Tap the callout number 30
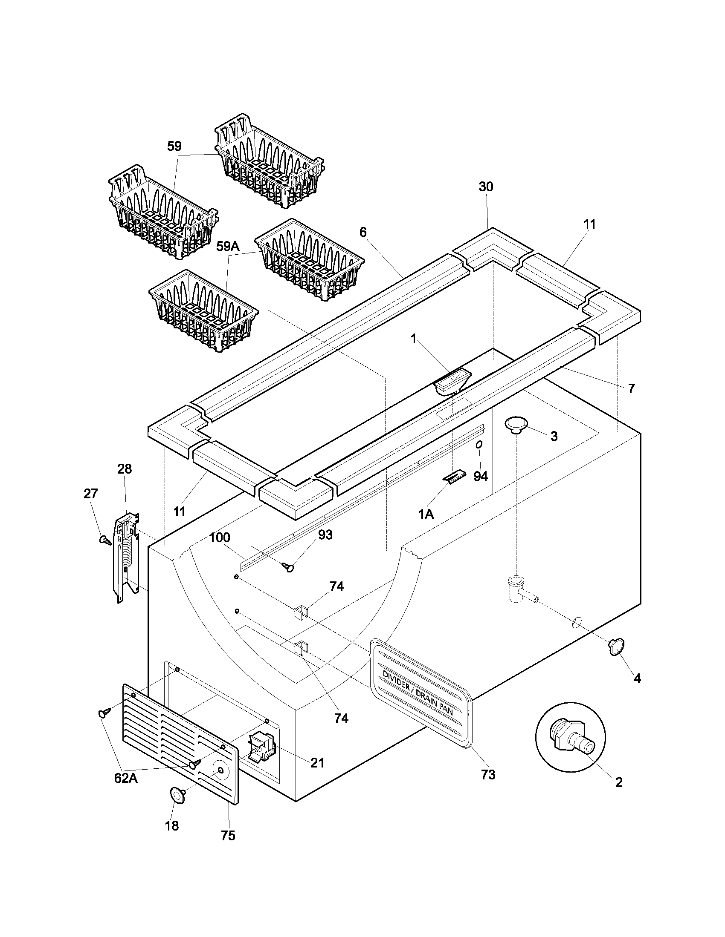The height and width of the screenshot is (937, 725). click(486, 187)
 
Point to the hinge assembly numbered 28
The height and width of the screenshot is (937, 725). click(126, 558)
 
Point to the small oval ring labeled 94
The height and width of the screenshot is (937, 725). click(478, 446)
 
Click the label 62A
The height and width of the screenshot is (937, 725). click(126, 778)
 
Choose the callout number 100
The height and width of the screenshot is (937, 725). click(220, 537)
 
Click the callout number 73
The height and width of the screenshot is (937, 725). click(488, 775)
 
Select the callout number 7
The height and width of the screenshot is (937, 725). click(631, 388)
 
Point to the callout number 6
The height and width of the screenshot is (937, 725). click(363, 232)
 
